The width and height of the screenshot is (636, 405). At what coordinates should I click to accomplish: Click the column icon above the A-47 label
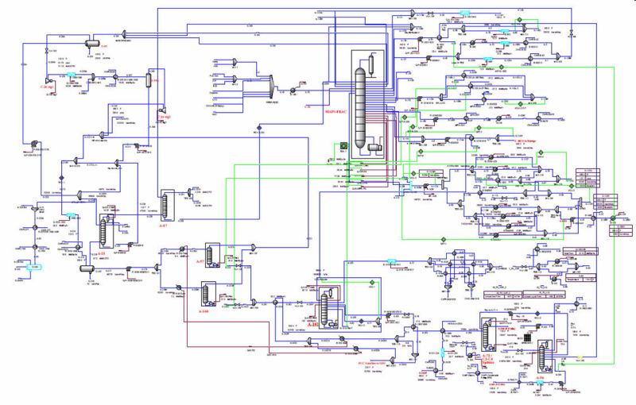pyautogui.click(x=167, y=203)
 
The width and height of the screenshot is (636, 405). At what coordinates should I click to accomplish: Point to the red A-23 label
pyautogui.click(x=101, y=252)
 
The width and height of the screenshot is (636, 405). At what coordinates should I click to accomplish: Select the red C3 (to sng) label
pyautogui.click(x=164, y=117)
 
